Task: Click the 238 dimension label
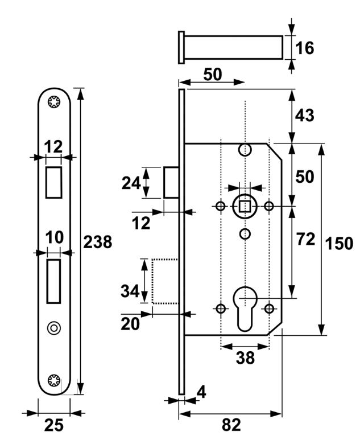click(x=98, y=242)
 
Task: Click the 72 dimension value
click(x=306, y=239)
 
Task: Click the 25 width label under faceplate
click(x=54, y=426)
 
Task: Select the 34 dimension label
click(x=130, y=291)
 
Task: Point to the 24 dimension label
click(x=131, y=183)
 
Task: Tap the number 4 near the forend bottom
click(x=201, y=392)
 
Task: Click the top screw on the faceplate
click(x=55, y=103)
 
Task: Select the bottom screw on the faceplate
click(x=55, y=380)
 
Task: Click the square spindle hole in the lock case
click(x=245, y=205)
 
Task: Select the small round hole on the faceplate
click(x=54, y=328)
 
